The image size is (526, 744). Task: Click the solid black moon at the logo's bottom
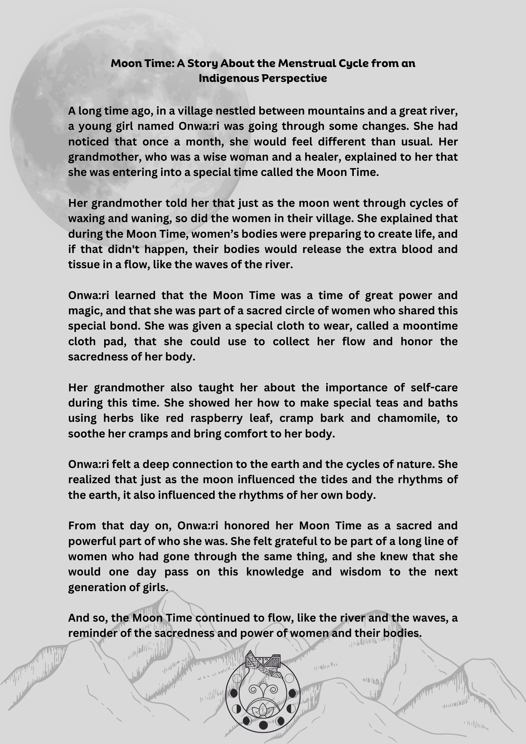[x=263, y=724]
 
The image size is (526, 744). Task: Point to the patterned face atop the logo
[x=263, y=663]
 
